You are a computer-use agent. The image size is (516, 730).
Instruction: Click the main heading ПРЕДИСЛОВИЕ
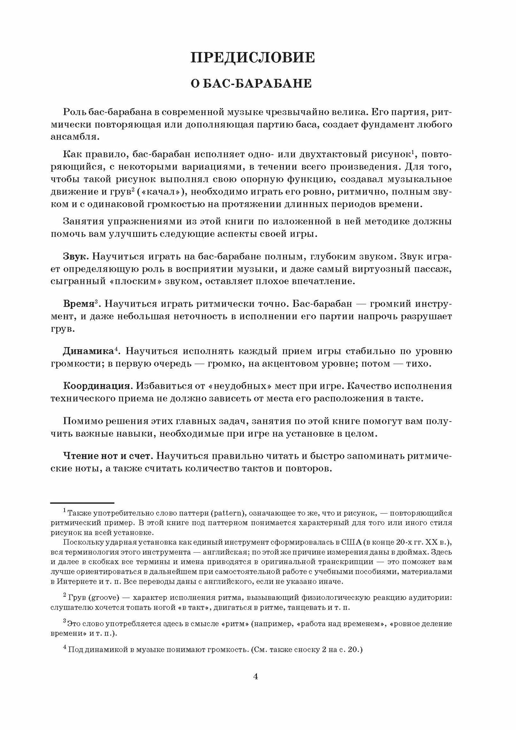pos(252,58)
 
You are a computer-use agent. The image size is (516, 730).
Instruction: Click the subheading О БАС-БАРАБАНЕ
pos(252,84)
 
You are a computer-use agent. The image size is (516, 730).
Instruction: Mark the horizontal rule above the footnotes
pos(82,503)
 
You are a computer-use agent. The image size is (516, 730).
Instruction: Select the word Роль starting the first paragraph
pos(74,112)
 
